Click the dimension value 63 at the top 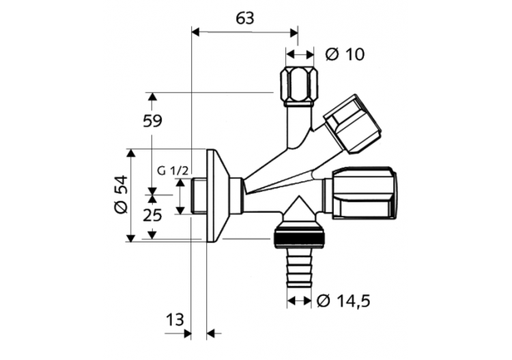(x=244, y=18)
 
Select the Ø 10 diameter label (x=345, y=54)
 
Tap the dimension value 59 (x=152, y=122)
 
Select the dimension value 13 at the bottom (x=175, y=320)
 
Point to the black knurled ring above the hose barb (x=300, y=238)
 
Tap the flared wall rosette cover (x=216, y=195)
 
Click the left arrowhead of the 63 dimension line (x=196, y=31)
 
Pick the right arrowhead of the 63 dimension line (x=294, y=31)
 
